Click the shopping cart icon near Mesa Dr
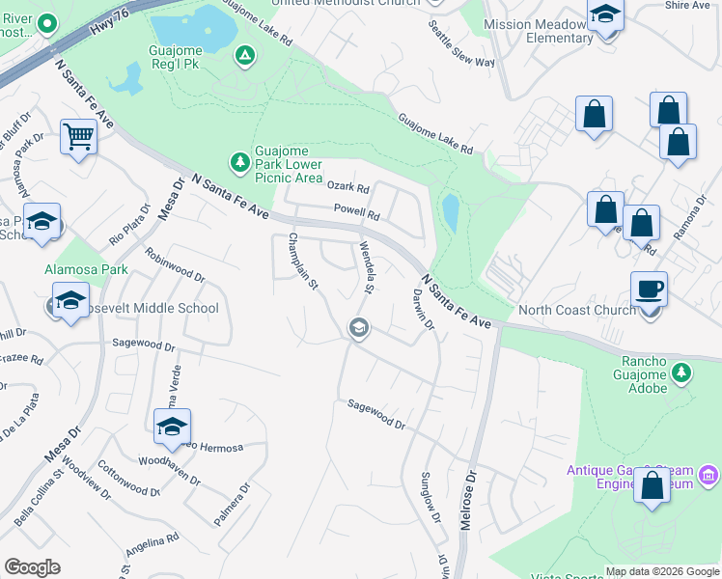[78, 136]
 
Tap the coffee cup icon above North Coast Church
[649, 288]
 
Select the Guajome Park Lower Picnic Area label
[288, 164]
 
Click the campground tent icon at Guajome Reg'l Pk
[245, 57]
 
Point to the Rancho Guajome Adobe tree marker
[682, 372]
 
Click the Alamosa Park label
[86, 269]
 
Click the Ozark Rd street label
[348, 187]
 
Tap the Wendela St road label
[367, 267]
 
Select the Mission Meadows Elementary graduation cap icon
[605, 14]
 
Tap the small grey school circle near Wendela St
[358, 329]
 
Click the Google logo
[32, 567]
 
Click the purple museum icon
[709, 475]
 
